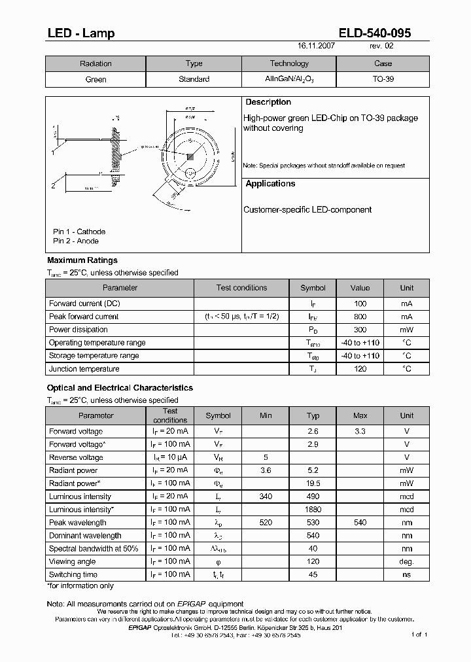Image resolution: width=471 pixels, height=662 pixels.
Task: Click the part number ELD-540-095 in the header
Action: [375, 33]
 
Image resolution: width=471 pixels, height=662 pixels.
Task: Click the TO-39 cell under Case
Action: [383, 79]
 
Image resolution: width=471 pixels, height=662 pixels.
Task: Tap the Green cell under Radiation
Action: [96, 79]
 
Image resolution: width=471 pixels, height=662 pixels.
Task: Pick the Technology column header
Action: [289, 63]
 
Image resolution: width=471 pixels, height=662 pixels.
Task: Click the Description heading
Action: [268, 103]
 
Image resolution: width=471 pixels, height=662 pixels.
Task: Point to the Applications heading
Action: [270, 184]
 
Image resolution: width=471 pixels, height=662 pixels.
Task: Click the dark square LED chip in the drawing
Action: [190, 156]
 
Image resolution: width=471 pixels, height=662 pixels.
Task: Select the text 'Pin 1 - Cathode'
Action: [79, 232]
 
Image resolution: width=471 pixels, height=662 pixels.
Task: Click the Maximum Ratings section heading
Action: [82, 260]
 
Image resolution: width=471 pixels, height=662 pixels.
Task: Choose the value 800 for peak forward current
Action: [360, 317]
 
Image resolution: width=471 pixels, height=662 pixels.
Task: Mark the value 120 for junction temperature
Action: [360, 369]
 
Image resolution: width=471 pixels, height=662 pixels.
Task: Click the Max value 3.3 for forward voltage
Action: [360, 431]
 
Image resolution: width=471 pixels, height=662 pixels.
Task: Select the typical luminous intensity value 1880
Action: [313, 510]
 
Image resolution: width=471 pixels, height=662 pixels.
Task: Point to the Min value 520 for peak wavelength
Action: [266, 523]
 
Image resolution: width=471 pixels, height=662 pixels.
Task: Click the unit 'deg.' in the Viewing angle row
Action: [407, 562]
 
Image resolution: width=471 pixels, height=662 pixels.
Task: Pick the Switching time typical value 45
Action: [313, 575]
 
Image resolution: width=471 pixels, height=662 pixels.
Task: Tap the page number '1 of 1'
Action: [419, 635]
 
